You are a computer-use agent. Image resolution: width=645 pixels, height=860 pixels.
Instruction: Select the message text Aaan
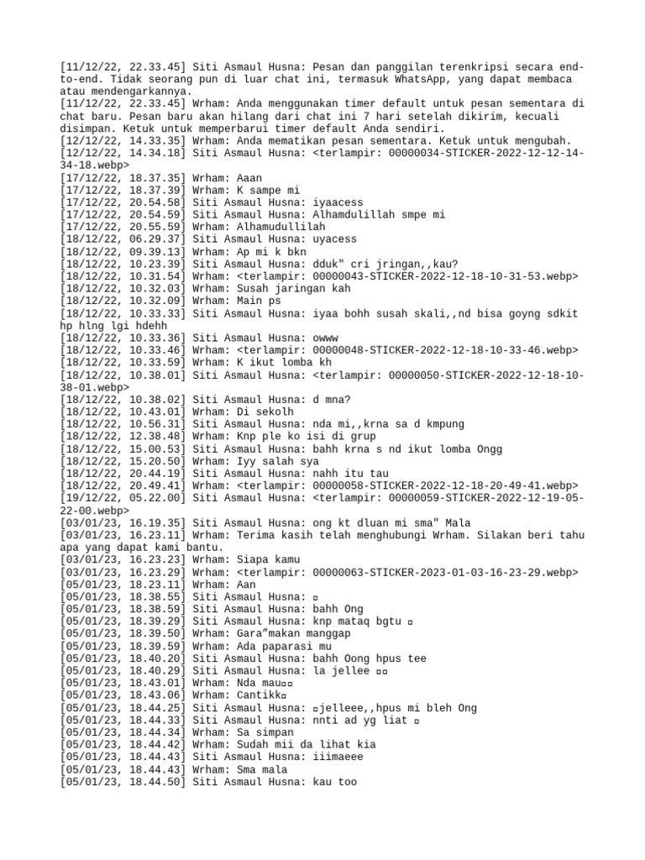point(249,178)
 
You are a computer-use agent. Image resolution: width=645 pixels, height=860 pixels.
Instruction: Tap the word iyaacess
point(339,202)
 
